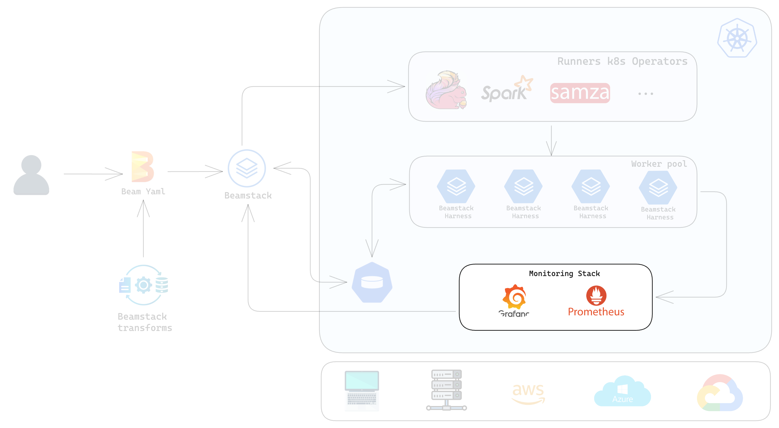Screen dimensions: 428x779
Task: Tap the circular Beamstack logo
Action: point(247,168)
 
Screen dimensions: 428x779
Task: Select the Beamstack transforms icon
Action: point(144,285)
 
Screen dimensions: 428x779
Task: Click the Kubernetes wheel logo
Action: point(737,38)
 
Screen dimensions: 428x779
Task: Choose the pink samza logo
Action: point(580,93)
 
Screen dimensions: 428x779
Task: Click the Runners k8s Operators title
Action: point(622,61)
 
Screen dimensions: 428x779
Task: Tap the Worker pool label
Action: point(659,164)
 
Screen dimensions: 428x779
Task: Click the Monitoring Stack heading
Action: point(564,273)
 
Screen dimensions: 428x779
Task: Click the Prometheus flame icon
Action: point(596,295)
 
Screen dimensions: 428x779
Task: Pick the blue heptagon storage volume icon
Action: point(372,282)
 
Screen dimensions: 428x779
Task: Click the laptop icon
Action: point(362,391)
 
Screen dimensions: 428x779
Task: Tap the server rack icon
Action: point(446,390)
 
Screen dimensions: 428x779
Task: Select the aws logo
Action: point(528,393)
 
